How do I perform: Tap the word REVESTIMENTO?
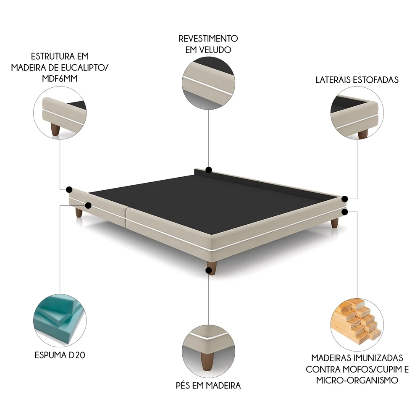coord(208,38)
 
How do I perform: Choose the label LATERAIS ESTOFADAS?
coord(357,80)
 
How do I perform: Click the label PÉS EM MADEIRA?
coord(208,385)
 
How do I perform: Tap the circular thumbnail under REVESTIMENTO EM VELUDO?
coord(208,83)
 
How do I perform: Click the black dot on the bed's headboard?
coord(208,170)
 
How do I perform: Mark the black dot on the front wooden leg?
coord(209,270)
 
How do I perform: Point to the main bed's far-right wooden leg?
coord(334,223)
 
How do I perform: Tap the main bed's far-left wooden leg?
coord(79,213)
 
